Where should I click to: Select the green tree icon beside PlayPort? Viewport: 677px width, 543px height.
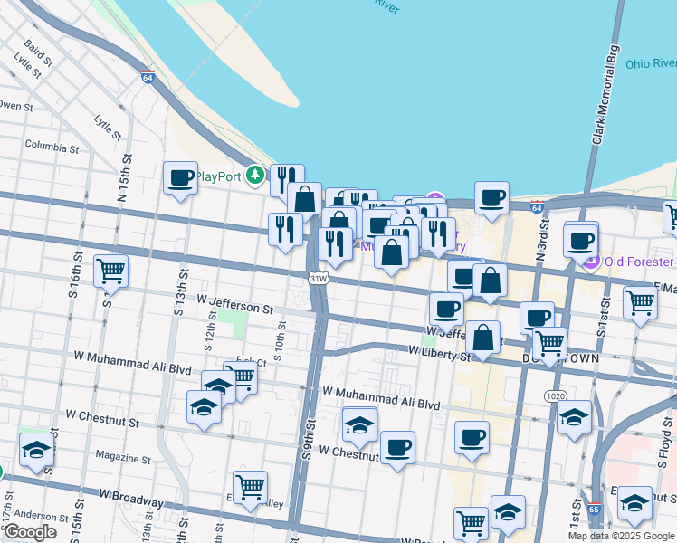click(x=258, y=175)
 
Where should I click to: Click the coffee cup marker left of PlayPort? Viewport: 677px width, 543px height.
click(x=180, y=176)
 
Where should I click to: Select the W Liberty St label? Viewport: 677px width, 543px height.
click(x=441, y=352)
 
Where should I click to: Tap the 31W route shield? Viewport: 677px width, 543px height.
click(x=317, y=279)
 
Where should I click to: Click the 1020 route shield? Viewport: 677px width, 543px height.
click(x=556, y=396)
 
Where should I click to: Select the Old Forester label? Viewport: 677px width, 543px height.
click(x=641, y=262)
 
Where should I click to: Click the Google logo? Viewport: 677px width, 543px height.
click(x=29, y=533)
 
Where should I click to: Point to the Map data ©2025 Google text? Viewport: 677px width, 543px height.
click(x=621, y=536)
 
